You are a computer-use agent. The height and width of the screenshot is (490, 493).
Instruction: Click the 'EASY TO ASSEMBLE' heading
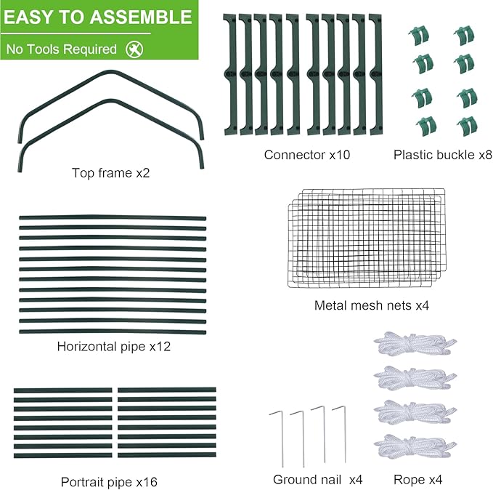click(x=99, y=17)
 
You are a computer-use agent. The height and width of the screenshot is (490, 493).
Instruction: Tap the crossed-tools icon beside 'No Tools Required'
click(x=134, y=49)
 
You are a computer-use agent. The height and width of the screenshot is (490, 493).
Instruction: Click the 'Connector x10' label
click(x=306, y=155)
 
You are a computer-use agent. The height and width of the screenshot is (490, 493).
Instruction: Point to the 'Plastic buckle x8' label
click(x=443, y=155)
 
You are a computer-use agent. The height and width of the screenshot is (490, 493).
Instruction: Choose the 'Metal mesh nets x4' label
click(x=372, y=306)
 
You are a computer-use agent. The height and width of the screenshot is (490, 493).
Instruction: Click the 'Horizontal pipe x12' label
click(x=113, y=346)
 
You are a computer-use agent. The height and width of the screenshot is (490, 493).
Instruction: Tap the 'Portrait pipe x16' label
click(x=109, y=481)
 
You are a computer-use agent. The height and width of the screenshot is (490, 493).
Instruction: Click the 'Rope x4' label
click(x=417, y=479)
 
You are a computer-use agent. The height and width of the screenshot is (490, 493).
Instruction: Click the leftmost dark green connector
click(x=229, y=74)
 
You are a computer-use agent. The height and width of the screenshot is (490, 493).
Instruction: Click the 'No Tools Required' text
click(x=61, y=49)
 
